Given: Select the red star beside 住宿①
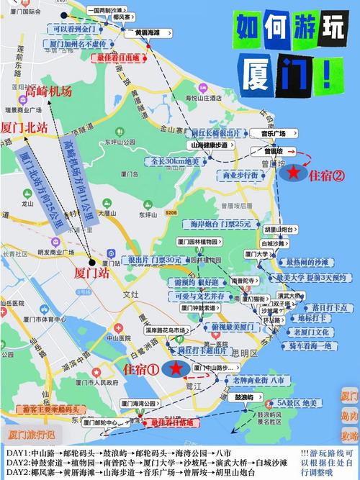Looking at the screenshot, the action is click(176, 368).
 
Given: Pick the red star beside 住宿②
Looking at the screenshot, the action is click(293, 173).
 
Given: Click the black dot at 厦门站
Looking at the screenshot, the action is click(91, 262).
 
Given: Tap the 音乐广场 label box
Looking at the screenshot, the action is click(274, 134).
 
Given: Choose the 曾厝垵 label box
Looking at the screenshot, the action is click(272, 153).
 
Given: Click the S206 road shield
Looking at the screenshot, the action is click(171, 214).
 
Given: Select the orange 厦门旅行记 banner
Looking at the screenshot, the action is click(35, 435).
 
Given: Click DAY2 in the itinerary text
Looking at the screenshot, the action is click(16, 462).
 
